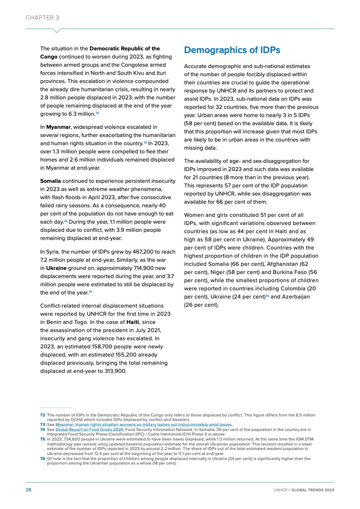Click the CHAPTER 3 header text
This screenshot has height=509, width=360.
click(42, 18)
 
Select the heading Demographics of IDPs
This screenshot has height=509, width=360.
click(232, 50)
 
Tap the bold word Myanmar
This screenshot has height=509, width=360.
click(58, 127)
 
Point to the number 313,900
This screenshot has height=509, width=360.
click(115, 371)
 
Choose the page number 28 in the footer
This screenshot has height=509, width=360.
click(28, 490)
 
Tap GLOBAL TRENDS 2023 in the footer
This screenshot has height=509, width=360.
click(313, 490)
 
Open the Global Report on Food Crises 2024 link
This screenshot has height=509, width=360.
click(89, 430)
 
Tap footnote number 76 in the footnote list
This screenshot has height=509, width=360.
click(42, 459)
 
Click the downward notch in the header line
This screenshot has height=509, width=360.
click(57, 31)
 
